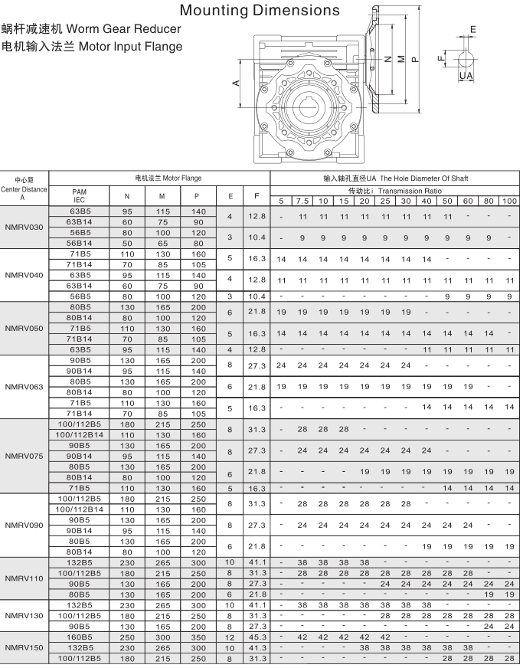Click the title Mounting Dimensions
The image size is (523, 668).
coord(259,10)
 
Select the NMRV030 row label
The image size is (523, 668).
coord(25,228)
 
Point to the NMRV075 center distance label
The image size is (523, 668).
coord(25,456)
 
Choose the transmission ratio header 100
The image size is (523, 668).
coord(509,201)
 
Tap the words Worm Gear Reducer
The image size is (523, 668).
coord(124,29)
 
